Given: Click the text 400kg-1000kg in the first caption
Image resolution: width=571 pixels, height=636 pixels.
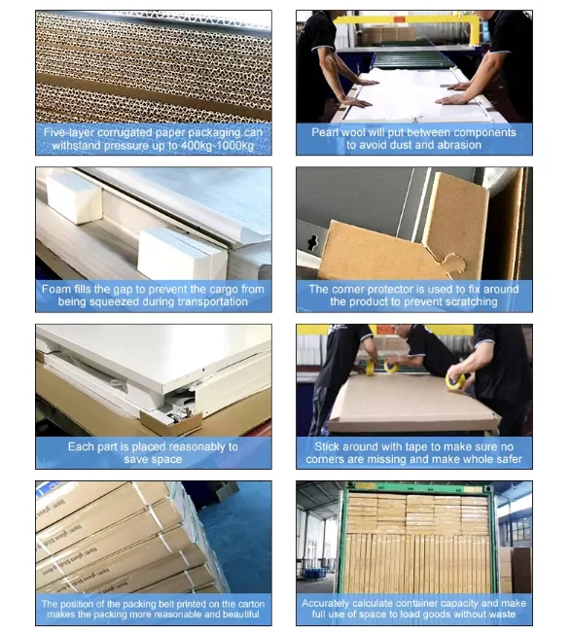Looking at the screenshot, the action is pyautogui.click(x=217, y=146).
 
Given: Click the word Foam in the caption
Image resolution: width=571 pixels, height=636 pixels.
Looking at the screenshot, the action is pyautogui.click(x=56, y=289).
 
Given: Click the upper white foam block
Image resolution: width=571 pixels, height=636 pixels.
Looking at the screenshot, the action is pyautogui.click(x=74, y=198).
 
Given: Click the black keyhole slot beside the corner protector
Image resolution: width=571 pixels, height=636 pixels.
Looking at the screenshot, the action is pyautogui.click(x=312, y=242).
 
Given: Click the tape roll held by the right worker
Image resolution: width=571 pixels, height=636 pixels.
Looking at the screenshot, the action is pyautogui.click(x=455, y=381).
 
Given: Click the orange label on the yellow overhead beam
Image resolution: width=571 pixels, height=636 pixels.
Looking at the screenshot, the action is pyautogui.click(x=399, y=18).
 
